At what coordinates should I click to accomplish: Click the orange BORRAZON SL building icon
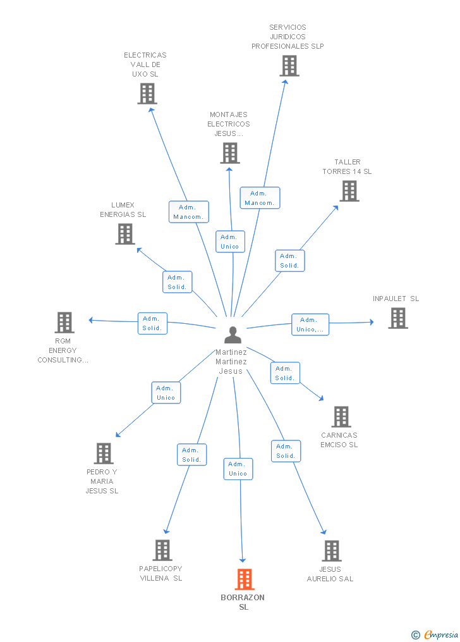click(245, 579)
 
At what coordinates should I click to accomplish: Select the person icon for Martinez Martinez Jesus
click(233, 335)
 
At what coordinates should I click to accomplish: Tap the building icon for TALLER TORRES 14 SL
click(349, 191)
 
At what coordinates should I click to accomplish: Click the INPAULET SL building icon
click(398, 318)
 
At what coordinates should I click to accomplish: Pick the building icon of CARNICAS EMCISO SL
click(341, 417)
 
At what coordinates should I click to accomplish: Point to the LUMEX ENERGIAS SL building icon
click(125, 234)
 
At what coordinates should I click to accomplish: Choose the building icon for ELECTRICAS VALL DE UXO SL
click(147, 94)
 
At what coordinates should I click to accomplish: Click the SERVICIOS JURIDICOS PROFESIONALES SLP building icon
click(289, 66)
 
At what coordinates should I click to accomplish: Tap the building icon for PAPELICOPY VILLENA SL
click(162, 550)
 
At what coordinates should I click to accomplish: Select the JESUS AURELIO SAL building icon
click(332, 551)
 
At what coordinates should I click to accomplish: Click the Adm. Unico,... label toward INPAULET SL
click(310, 324)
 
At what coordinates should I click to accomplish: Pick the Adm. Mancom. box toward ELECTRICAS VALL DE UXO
click(189, 212)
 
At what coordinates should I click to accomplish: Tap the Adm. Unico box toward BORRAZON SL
click(238, 469)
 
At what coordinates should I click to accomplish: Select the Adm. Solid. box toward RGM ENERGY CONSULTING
click(152, 323)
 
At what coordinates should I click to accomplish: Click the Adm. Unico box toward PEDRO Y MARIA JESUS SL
click(166, 393)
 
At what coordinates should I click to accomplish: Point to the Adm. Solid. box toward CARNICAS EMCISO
click(285, 373)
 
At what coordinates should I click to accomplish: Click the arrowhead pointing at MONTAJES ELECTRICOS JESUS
click(229, 170)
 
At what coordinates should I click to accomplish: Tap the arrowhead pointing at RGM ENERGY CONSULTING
click(92, 320)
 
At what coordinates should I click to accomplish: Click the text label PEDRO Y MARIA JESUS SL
click(102, 481)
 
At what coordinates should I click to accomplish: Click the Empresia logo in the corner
click(435, 634)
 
